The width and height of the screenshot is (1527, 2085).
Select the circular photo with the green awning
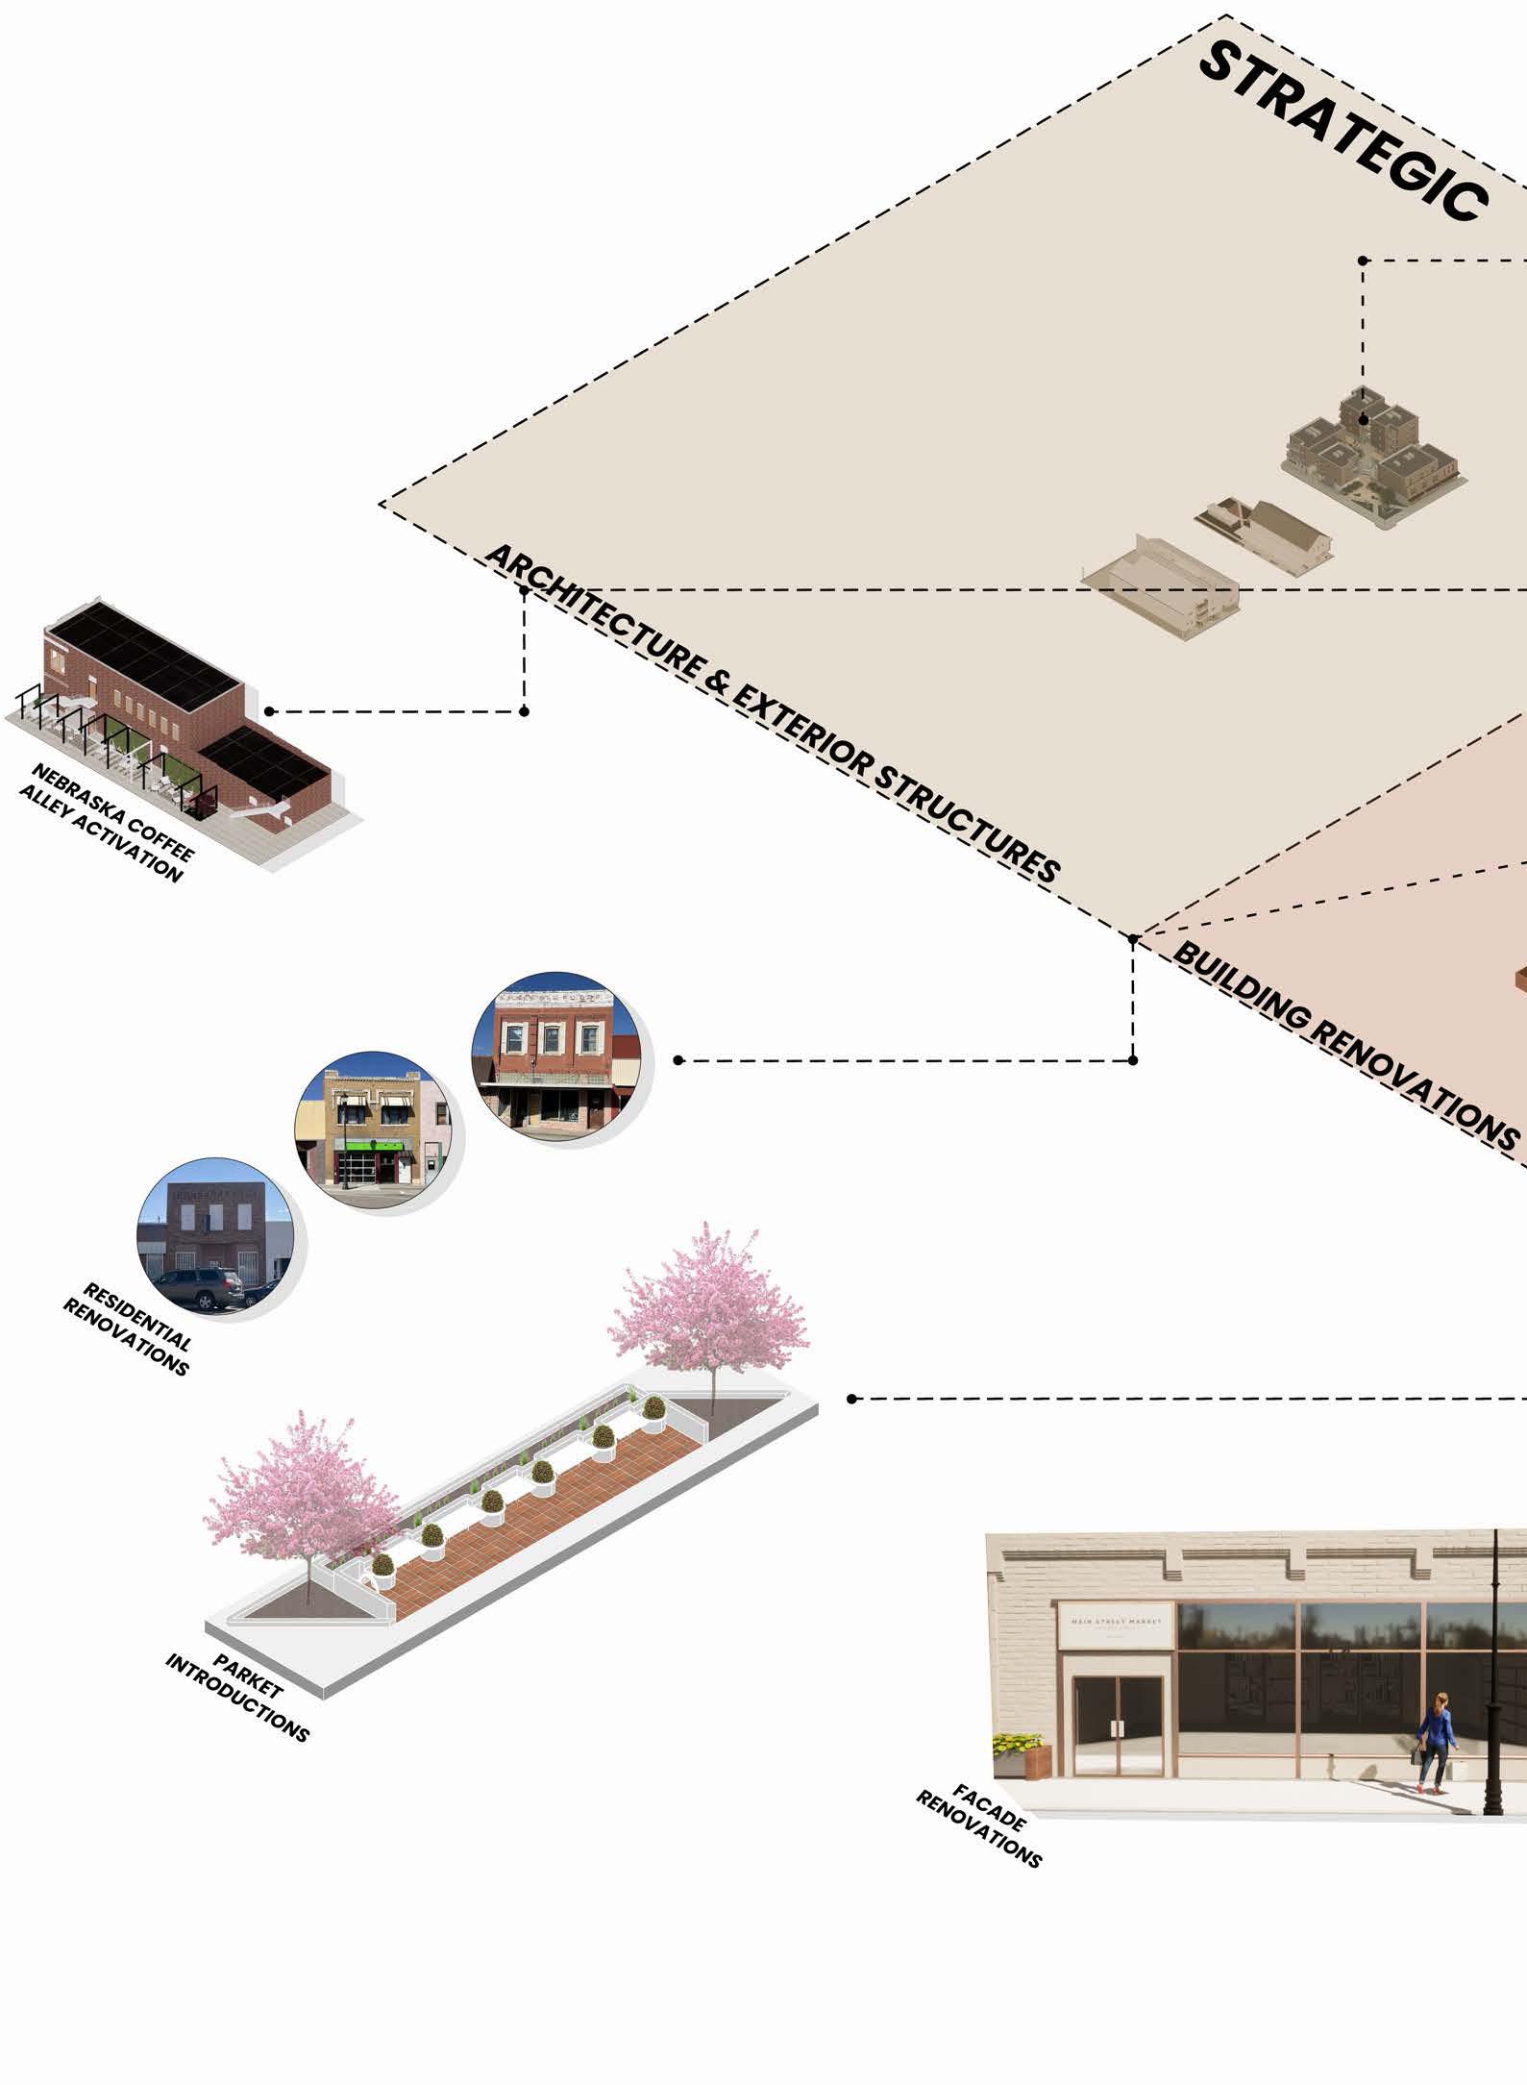[x=373, y=1133]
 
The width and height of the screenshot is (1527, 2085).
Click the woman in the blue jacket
[x=1435, y=1740]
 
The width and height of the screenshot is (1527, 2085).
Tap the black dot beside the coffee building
[x=270, y=711]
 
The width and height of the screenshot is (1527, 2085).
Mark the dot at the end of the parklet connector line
[x=851, y=1399]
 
